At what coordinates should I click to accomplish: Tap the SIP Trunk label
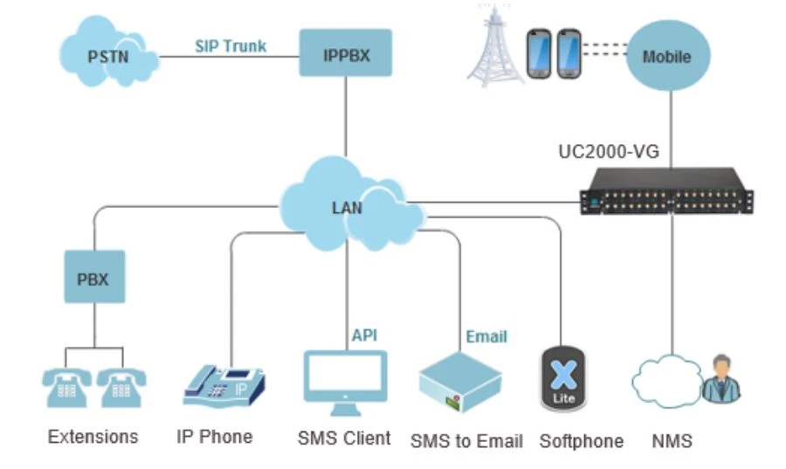pos(231,45)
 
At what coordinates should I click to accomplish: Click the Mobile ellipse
pos(666,57)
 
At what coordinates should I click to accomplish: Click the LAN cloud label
pos(347,208)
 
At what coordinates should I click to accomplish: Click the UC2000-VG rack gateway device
pos(668,190)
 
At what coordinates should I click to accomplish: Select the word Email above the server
pos(486,336)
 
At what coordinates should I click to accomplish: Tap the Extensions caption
pos(93,436)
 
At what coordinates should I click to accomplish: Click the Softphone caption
pos(581,441)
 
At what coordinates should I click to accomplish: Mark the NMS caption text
pos(672,441)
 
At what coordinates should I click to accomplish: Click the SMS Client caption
pos(344,438)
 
